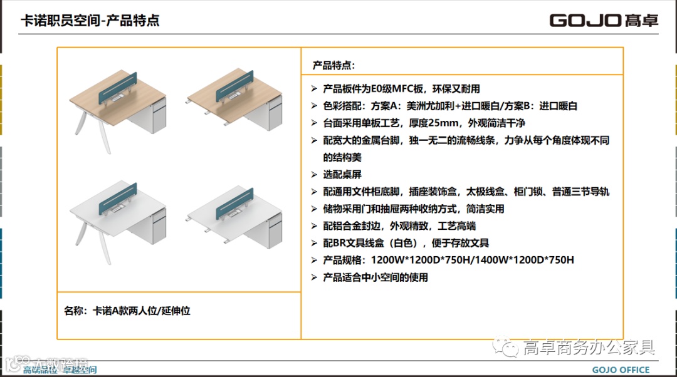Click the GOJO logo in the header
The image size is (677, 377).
click(604, 20)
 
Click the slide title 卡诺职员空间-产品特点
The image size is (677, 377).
click(90, 21)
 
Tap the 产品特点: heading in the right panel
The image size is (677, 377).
click(334, 65)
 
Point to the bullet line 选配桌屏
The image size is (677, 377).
click(342, 175)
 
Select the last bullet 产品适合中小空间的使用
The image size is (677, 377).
click(375, 277)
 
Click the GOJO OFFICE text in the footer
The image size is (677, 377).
click(621, 369)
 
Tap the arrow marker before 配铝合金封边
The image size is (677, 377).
click(315, 226)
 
